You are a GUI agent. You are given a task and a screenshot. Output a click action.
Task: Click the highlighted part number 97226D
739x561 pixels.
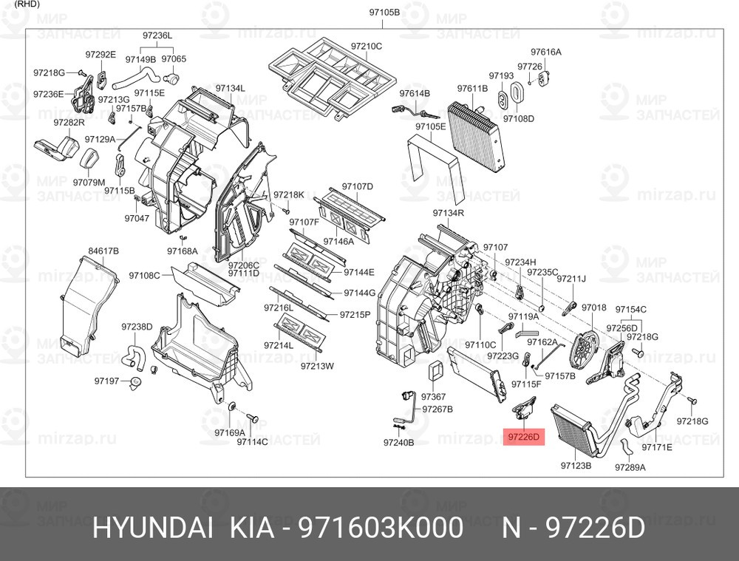524,437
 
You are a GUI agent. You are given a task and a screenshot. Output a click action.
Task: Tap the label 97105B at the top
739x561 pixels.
384,13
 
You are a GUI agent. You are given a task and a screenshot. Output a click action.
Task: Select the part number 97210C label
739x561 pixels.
367,47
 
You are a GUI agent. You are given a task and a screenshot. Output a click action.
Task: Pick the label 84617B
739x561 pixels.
103,251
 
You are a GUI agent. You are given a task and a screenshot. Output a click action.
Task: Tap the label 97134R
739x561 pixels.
449,213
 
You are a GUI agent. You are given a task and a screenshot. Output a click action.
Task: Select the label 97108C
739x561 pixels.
144,275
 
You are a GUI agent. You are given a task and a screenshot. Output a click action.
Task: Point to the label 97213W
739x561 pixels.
317,365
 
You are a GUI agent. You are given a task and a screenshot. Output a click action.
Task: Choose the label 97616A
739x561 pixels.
546,52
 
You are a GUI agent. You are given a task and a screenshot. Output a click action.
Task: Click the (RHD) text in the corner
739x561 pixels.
27,4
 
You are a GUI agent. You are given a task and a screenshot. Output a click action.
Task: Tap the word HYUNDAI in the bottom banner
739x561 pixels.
151,528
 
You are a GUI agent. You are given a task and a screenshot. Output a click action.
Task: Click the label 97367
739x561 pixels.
433,396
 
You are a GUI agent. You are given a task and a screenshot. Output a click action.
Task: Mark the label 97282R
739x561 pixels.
69,123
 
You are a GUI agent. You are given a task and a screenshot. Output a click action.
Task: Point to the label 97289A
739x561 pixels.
630,467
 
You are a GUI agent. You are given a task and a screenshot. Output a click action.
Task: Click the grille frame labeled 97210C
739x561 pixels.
330,78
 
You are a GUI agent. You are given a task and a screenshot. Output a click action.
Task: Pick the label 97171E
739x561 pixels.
656,446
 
